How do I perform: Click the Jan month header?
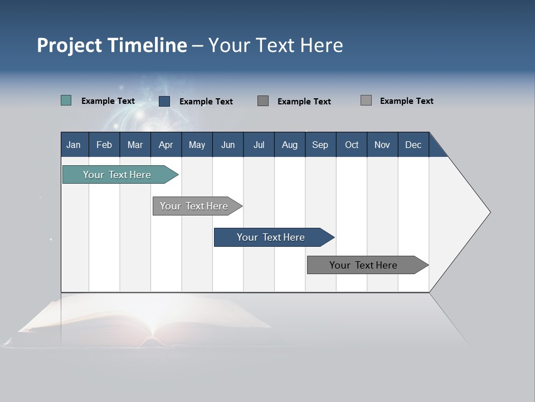point(74,145)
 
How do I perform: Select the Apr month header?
point(166,145)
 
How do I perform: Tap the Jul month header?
point(259,145)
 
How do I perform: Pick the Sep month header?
point(320,145)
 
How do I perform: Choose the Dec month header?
point(413,145)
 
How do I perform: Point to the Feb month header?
point(104,145)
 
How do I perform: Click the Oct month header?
point(352,145)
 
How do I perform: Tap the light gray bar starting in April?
point(194,206)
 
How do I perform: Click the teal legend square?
point(66,100)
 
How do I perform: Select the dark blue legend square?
point(164,101)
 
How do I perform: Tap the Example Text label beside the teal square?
point(108,101)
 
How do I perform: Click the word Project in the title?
point(70,45)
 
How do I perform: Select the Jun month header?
point(228,145)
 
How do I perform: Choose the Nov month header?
point(382,145)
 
